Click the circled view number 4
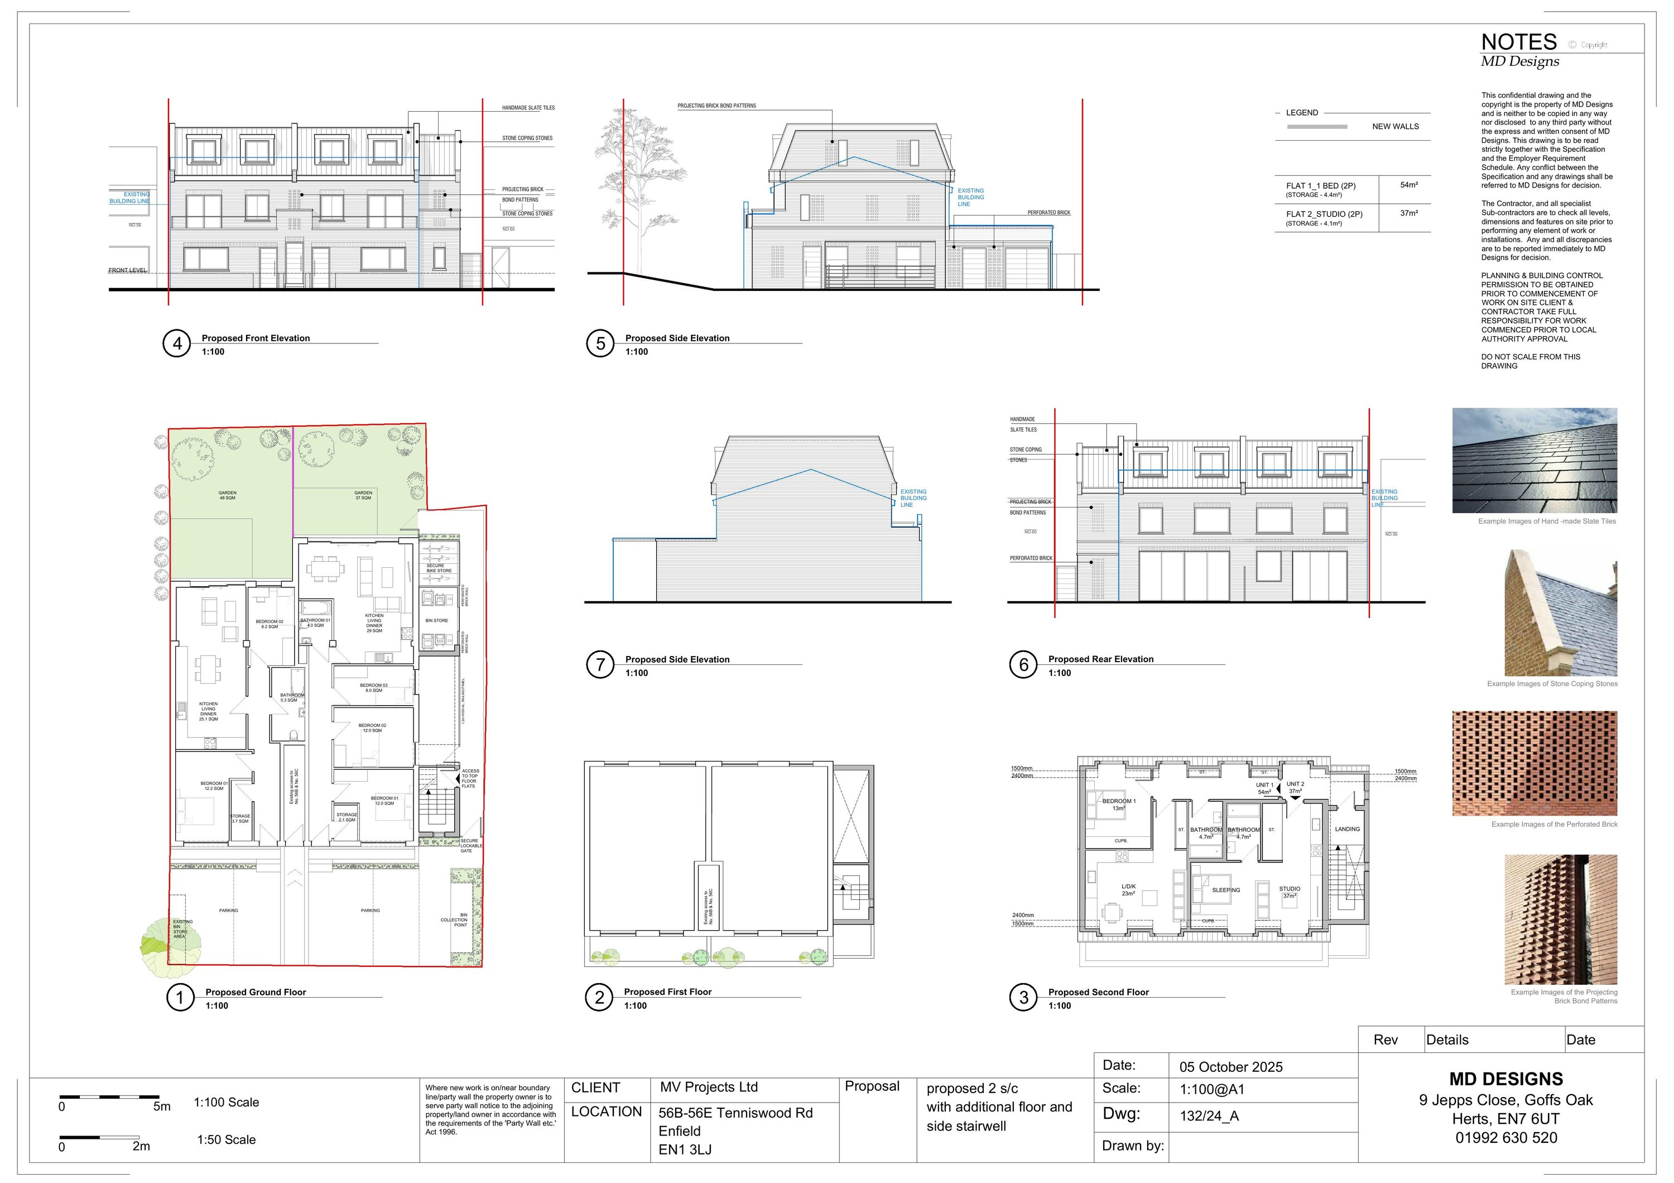click(x=176, y=343)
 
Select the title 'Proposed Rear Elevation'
click(x=1100, y=659)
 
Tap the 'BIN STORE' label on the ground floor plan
click(x=437, y=621)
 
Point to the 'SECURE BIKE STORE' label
click(x=439, y=568)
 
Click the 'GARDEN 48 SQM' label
click(x=228, y=495)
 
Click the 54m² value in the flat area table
click(x=1408, y=185)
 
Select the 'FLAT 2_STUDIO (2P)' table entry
click(x=1324, y=214)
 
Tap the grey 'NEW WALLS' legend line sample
click(x=1317, y=127)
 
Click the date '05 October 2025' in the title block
click(x=1231, y=1067)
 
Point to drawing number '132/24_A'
click(x=1209, y=1116)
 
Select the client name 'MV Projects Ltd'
click(x=709, y=1088)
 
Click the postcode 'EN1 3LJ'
click(x=685, y=1150)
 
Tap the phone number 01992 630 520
click(x=1505, y=1138)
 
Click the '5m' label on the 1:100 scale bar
click(x=162, y=1107)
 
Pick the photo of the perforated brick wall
click(x=1534, y=763)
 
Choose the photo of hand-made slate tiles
click(x=1534, y=460)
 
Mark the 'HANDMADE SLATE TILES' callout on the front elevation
click(x=528, y=108)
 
